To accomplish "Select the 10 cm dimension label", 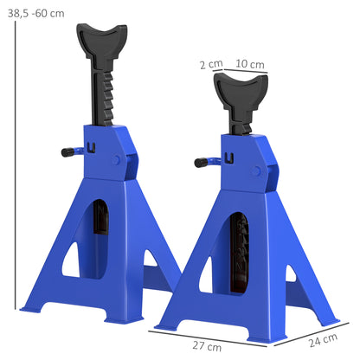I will coord(249,64).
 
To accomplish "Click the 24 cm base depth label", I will coord(326,338).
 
